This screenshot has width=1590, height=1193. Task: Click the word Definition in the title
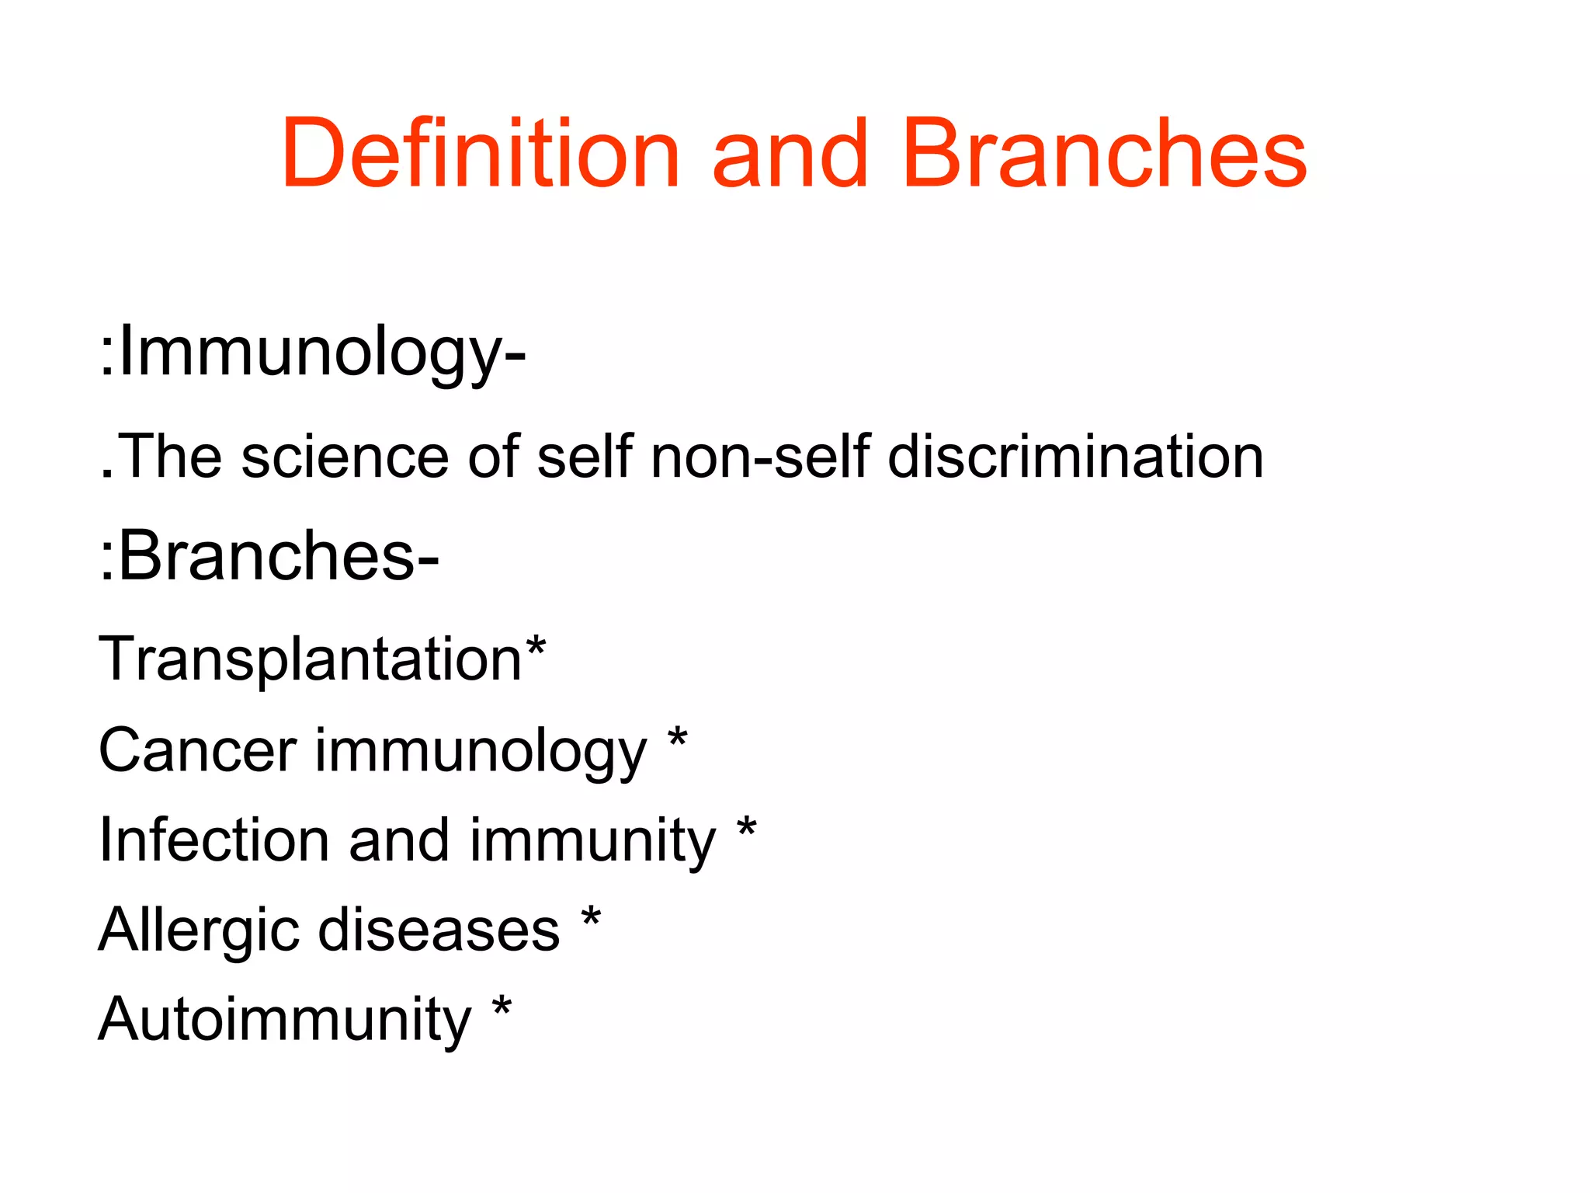481,153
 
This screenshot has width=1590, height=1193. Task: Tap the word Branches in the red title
1104,153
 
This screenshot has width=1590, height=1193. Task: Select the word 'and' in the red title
789,153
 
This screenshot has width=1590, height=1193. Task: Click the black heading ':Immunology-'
313,353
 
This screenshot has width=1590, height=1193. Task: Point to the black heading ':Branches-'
269,556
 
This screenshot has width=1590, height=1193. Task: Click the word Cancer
197,750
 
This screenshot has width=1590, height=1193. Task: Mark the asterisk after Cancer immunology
677,739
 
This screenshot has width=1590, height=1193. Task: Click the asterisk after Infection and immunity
746,829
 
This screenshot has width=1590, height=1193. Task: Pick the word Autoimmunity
285,1020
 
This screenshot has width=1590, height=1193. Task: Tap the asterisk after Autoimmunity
502,1007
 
